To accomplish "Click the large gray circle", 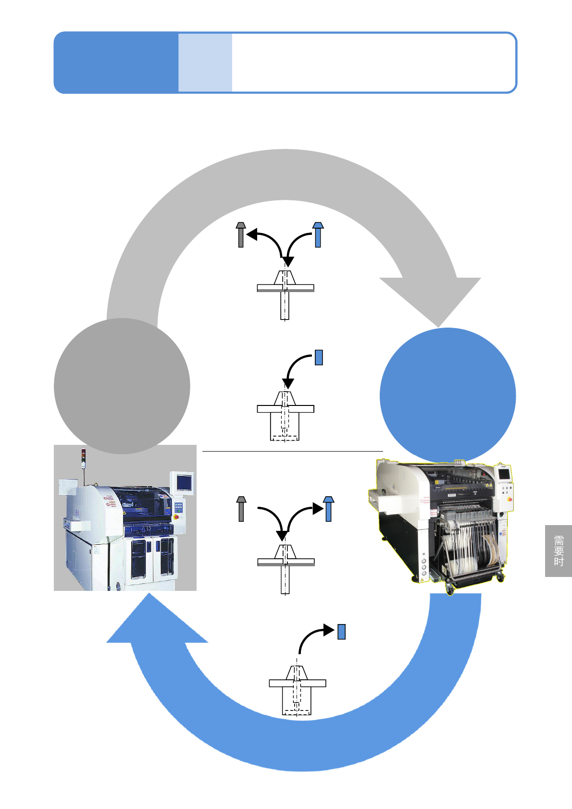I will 122,386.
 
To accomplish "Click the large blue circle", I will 448,395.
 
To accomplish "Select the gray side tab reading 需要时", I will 559,551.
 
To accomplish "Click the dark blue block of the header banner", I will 116,62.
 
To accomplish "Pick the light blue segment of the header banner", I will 205,62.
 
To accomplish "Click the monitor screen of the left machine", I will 184,482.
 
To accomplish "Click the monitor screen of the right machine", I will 504,474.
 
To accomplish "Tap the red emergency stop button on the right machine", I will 510,499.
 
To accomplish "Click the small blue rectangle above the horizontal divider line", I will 319,357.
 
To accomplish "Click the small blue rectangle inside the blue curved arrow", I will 342,632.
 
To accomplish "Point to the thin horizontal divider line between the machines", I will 292,452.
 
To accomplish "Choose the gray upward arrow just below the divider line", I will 241,509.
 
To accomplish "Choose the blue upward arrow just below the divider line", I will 328,509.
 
